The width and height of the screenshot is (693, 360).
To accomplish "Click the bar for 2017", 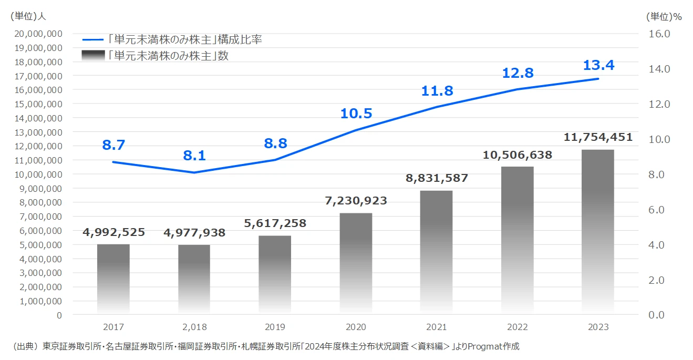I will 113,279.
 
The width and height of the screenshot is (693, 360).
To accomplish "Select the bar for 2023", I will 598,232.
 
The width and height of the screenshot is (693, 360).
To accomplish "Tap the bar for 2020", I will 356,263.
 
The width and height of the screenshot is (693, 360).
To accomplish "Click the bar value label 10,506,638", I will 517,155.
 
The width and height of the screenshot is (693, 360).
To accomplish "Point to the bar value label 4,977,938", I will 194,233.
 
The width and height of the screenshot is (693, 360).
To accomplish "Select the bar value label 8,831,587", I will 437,178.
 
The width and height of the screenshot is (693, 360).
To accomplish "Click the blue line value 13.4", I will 598,66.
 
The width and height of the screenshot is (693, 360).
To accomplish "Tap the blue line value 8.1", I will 194,156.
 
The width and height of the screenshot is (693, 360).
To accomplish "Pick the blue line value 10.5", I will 356,114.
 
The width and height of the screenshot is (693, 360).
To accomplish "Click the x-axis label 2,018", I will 194,327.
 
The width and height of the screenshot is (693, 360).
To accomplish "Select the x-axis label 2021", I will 437,327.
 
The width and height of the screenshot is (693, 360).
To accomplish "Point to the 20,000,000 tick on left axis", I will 40,34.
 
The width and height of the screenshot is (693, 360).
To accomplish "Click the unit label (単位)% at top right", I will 664,16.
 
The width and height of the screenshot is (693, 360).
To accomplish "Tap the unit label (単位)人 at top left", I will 28,16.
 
